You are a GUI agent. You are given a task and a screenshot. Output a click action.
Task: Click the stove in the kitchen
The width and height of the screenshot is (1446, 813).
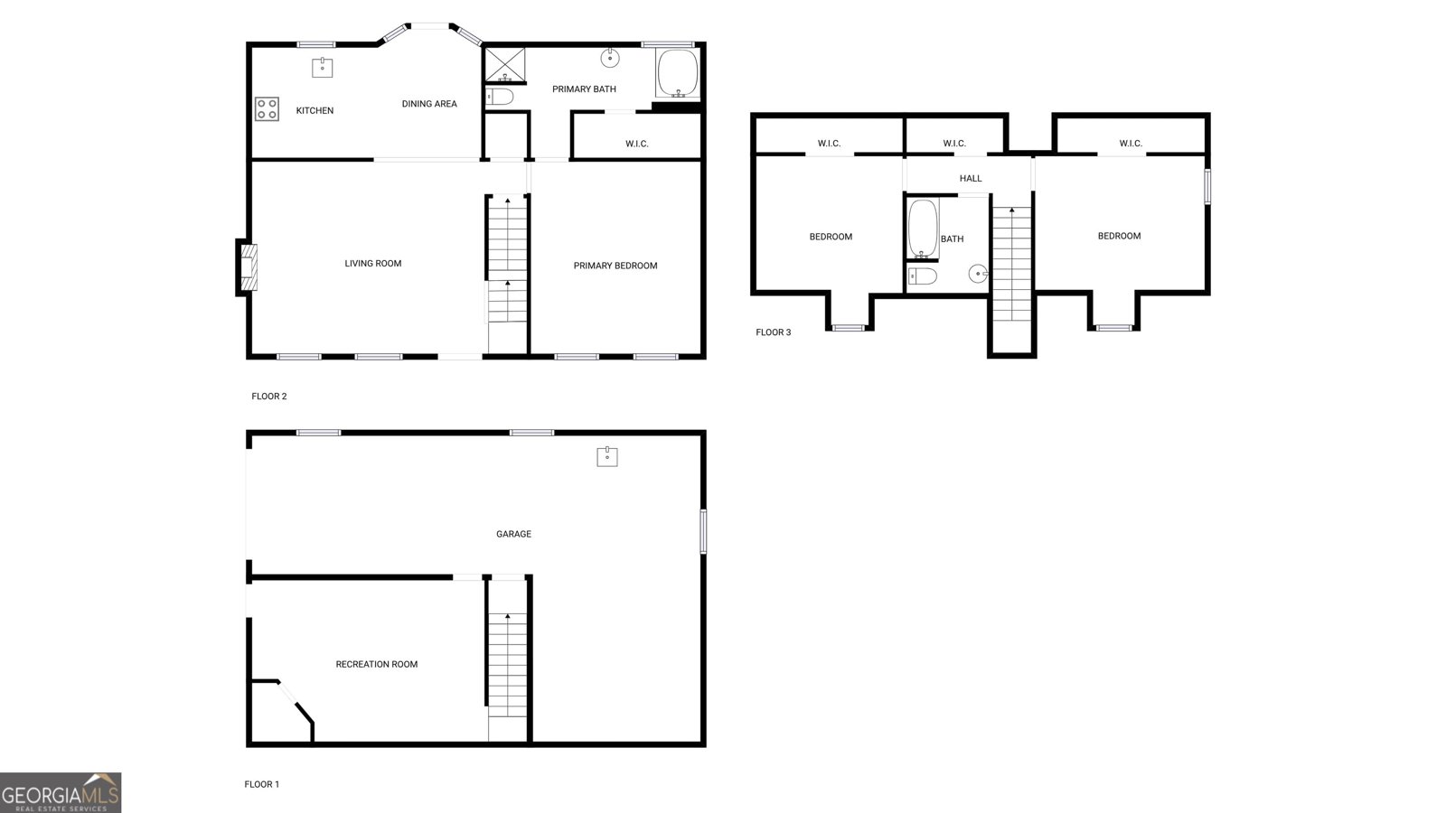267,109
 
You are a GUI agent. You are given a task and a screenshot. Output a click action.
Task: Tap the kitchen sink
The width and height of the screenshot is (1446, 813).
323,67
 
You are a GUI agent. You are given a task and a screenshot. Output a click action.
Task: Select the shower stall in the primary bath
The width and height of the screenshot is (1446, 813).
504,64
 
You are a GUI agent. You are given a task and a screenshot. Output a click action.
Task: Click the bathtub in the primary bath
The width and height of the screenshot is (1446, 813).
677,73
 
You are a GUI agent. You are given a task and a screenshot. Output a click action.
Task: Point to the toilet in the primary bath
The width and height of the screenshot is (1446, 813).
501,96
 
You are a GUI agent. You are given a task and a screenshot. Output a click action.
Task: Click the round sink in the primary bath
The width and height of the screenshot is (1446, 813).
610,59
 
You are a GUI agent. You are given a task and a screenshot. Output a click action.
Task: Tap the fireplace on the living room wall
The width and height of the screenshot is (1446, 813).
248,266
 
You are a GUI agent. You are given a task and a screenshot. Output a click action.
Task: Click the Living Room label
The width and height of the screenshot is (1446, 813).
373,264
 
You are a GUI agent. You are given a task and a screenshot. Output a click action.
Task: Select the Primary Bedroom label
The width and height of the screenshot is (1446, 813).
615,266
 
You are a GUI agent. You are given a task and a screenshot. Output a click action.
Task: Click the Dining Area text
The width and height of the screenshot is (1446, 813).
429,104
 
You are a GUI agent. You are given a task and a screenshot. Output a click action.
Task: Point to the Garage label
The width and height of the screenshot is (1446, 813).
513,534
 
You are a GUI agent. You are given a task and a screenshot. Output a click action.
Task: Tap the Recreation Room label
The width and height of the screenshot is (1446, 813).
377,664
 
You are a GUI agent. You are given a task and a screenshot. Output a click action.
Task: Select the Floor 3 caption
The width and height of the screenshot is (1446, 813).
774,332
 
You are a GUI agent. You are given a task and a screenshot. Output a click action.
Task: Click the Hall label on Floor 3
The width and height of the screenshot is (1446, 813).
971,179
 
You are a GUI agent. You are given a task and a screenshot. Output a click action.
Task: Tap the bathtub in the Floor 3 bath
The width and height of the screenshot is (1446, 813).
923,229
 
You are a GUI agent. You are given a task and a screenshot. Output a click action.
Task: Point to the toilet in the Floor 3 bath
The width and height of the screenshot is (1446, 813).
923,276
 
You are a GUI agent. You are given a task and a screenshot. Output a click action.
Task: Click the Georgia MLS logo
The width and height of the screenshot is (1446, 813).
61,792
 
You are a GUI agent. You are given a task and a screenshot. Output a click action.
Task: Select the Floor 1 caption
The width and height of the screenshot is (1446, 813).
262,784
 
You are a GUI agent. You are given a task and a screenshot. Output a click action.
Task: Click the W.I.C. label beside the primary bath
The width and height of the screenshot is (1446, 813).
637,144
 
